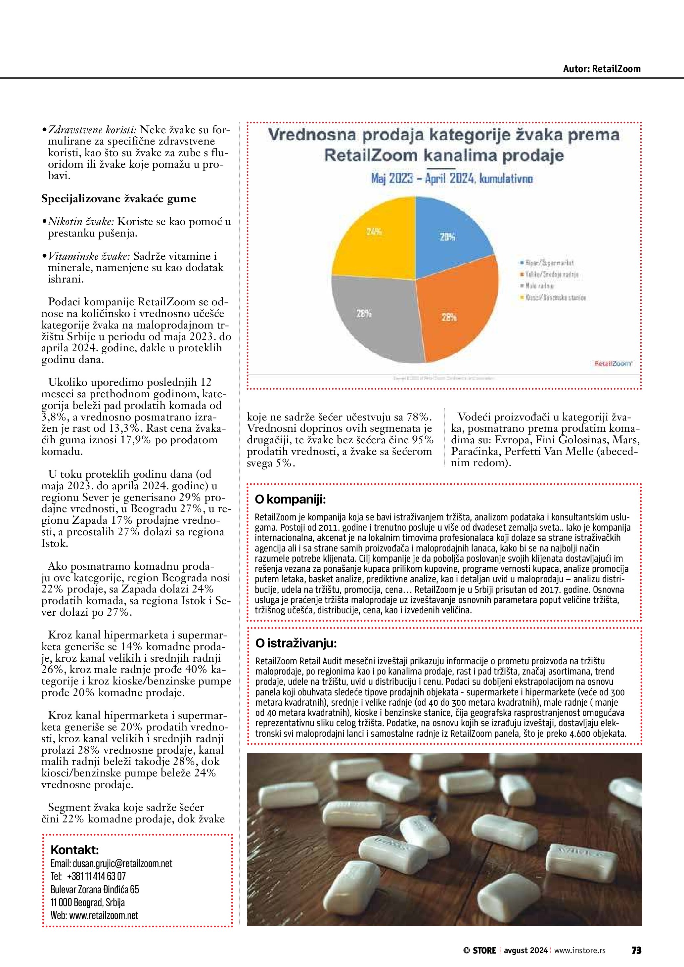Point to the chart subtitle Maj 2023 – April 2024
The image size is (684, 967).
click(x=451, y=179)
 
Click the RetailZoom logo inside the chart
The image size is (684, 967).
click(x=613, y=363)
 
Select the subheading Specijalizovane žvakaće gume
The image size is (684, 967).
click(x=119, y=198)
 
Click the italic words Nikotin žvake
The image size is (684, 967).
click(x=78, y=222)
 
